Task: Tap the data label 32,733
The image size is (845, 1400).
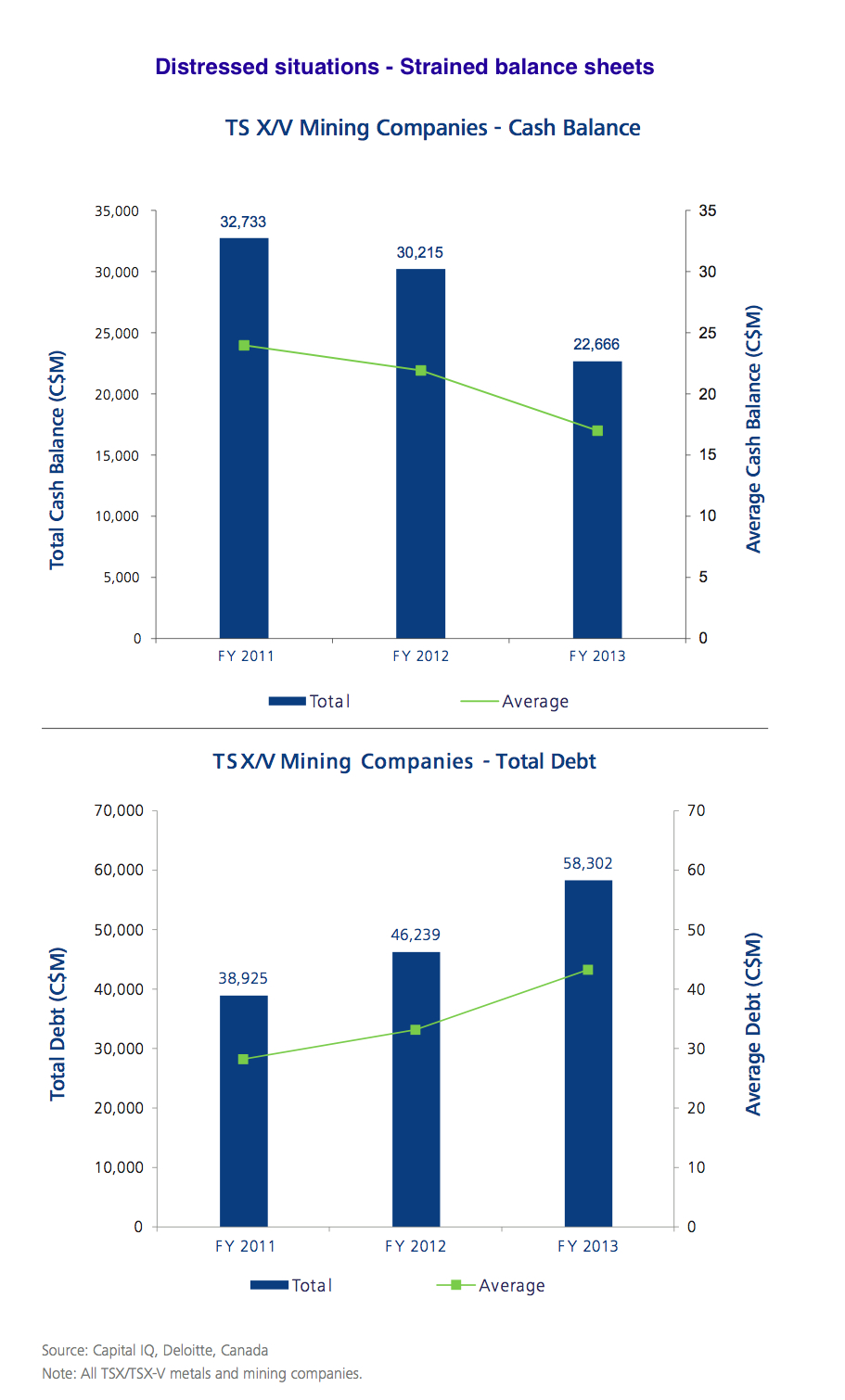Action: [243, 223]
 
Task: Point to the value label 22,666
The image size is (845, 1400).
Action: [596, 345]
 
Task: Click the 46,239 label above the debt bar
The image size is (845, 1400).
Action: [416, 935]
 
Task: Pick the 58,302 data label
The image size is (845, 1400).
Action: [588, 864]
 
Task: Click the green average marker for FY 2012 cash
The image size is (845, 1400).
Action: [421, 371]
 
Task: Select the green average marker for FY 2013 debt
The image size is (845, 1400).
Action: [588, 970]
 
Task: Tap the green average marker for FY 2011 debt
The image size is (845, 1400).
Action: [243, 1059]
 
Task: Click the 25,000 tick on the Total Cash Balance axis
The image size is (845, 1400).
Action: [117, 333]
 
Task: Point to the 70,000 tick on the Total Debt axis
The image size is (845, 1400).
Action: [120, 811]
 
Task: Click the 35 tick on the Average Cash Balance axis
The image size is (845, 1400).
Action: [708, 211]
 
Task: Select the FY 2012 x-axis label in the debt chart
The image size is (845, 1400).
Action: [416, 1246]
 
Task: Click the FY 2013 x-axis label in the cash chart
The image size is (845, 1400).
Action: [597, 656]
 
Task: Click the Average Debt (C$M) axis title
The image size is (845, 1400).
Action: [753, 1025]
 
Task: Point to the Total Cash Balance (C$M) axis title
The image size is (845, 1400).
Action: [58, 460]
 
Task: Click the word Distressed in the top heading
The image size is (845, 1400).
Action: [201, 67]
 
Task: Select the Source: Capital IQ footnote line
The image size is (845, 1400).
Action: [155, 1351]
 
